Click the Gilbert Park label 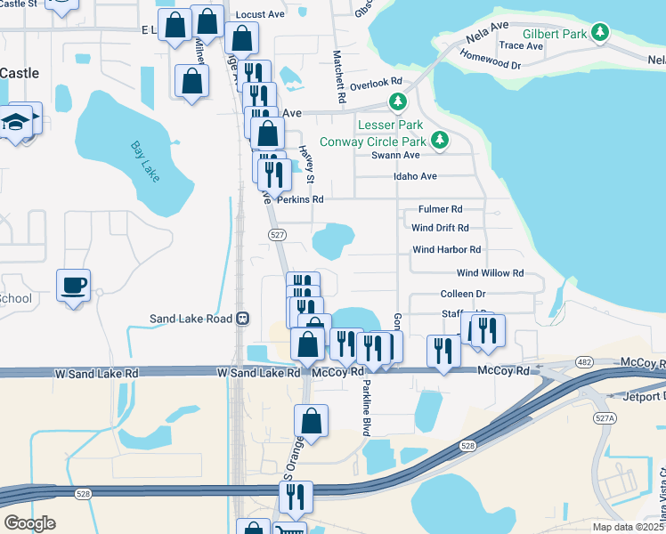555,34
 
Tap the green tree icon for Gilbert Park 601,33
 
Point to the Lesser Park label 390,125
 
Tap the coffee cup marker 73,286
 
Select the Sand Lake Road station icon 241,319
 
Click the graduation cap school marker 16,123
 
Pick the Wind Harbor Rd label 446,250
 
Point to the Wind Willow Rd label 490,273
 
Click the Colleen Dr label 463,294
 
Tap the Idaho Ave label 416,176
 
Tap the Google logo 29,523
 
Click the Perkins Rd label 299,199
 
